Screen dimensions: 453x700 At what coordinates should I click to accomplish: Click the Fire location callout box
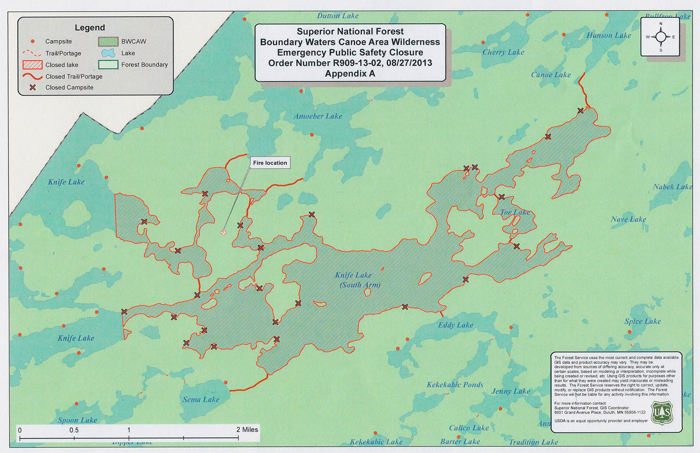point(270,163)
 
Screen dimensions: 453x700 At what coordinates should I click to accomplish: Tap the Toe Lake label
point(515,212)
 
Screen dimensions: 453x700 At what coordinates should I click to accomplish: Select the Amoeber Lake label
point(318,116)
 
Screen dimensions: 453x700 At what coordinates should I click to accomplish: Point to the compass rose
point(660,37)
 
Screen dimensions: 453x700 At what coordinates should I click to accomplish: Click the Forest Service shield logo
point(662,414)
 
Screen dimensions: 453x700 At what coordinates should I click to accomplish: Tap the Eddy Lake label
point(455,325)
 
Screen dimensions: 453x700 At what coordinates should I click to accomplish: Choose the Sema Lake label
point(201,399)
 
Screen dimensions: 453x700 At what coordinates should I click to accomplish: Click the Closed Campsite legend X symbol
point(33,87)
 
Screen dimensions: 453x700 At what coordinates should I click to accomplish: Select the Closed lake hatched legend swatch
point(32,65)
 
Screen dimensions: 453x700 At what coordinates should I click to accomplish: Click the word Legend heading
point(90,28)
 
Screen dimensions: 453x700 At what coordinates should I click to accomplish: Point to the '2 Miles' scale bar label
point(247,430)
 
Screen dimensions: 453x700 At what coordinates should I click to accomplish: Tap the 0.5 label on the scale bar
point(74,430)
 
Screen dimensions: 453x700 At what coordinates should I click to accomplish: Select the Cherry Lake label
point(503,52)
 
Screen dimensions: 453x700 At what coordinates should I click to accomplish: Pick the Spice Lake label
point(643,321)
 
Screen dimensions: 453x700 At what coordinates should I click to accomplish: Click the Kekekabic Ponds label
point(455,385)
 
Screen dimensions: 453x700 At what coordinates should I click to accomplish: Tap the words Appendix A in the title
point(350,74)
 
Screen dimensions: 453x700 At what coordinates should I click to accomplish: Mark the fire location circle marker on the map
point(223,232)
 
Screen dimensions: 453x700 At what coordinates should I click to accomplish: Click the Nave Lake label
point(628,219)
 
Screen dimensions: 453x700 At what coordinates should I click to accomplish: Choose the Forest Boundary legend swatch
point(108,64)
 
